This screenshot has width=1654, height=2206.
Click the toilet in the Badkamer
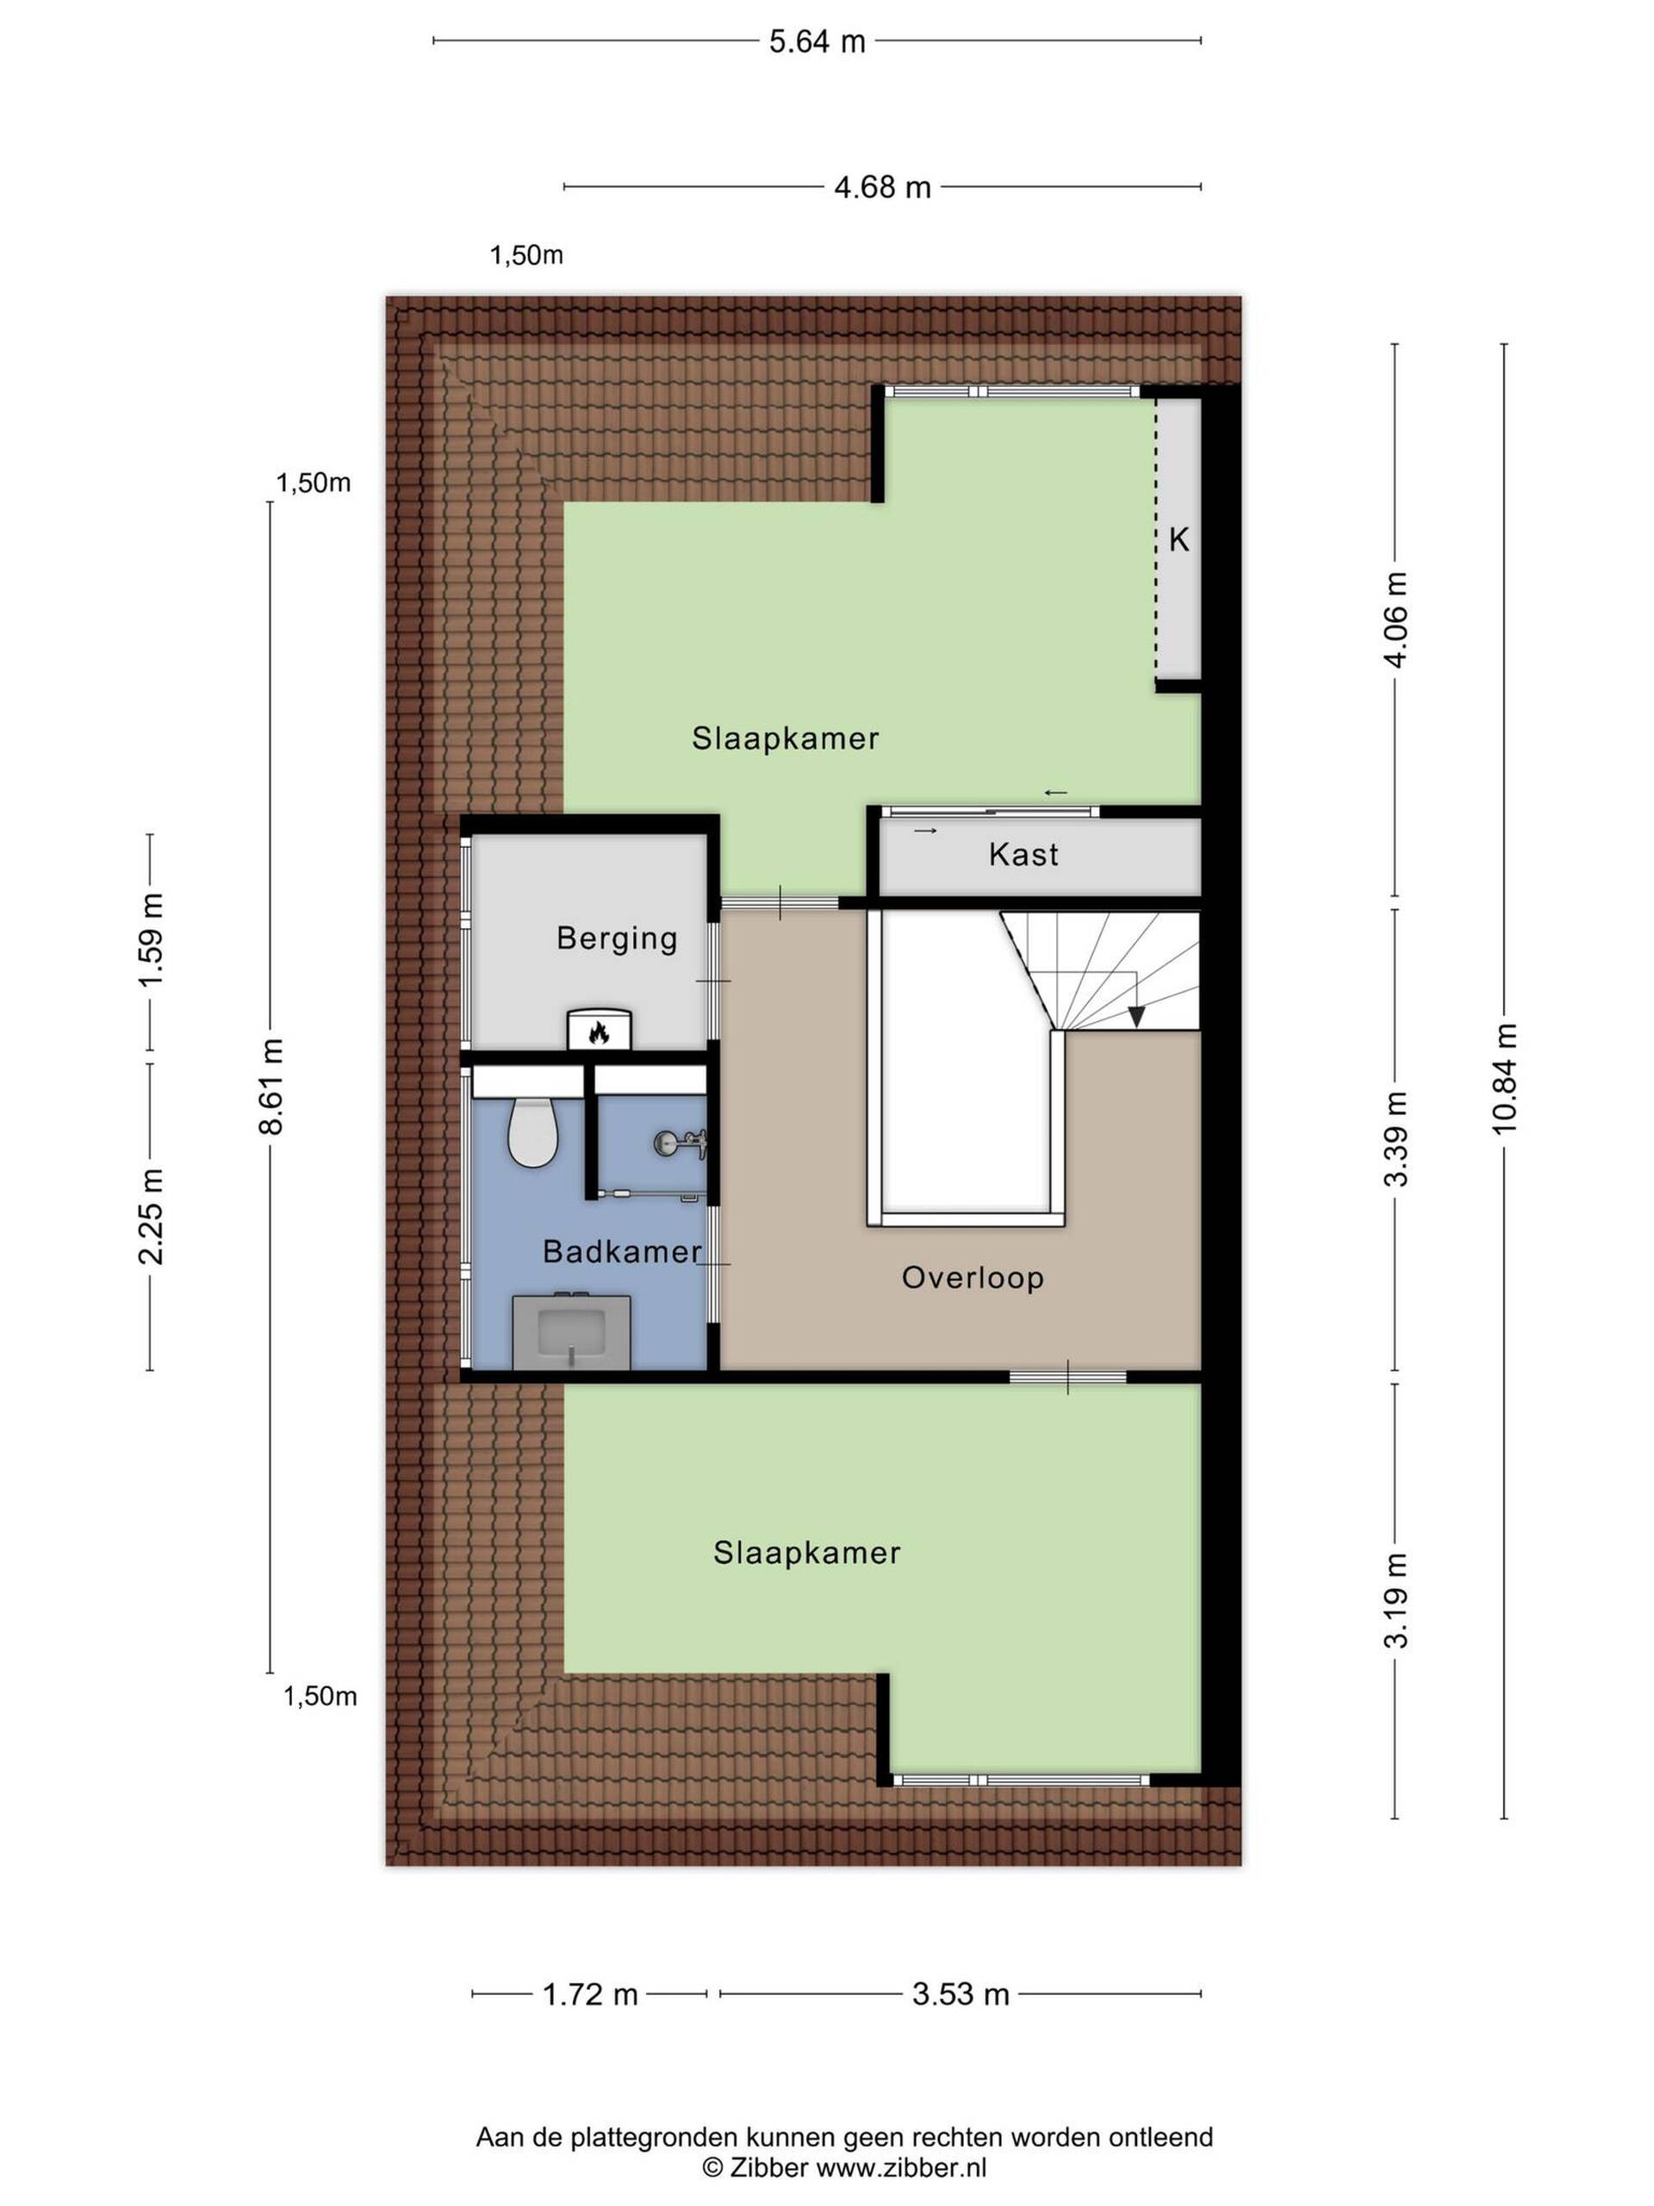(x=532, y=1132)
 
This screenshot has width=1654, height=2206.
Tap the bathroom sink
(x=571, y=1332)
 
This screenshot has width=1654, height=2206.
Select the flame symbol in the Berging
(x=598, y=1032)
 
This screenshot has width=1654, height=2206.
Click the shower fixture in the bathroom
(x=680, y=1143)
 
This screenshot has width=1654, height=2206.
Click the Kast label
(x=1023, y=855)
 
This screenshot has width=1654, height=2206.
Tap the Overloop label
(x=972, y=1278)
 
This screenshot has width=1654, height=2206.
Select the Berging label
(x=617, y=938)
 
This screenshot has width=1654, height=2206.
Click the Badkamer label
(x=622, y=1251)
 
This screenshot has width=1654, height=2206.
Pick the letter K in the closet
(x=1178, y=539)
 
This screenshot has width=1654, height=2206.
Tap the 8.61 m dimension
(x=270, y=1086)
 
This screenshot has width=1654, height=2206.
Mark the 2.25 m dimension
(x=151, y=1216)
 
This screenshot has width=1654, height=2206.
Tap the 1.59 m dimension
(x=151, y=940)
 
